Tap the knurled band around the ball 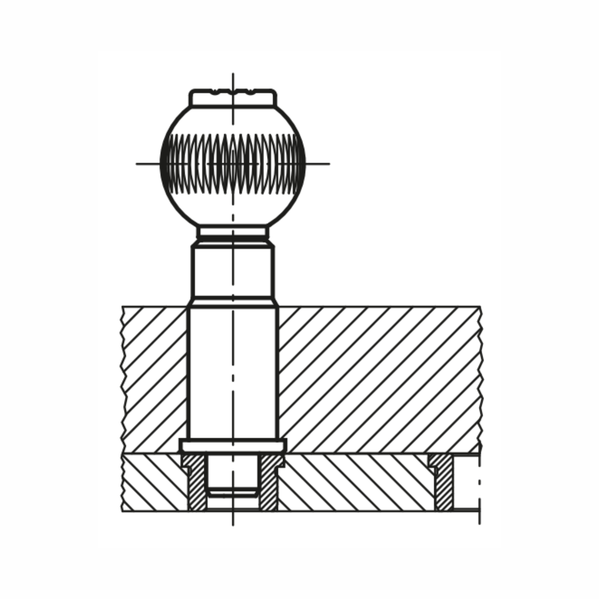click(x=233, y=163)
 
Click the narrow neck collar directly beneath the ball click(x=233, y=232)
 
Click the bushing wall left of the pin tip click(x=196, y=484)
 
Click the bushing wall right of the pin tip click(x=269, y=484)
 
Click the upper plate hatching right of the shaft click(x=379, y=379)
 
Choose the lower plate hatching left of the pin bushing click(x=151, y=482)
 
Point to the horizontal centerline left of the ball click(x=147, y=163)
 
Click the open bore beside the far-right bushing click(x=466, y=482)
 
